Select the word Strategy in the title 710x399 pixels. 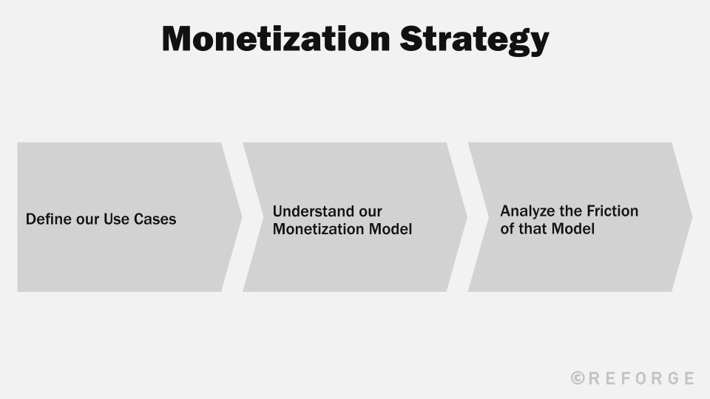point(474,40)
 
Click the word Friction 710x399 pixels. point(613,211)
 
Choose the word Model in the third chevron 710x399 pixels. point(573,229)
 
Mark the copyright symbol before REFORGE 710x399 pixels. point(578,378)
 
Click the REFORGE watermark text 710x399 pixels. point(640,378)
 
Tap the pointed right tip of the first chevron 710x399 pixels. point(240,217)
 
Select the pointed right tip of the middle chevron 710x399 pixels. point(465,217)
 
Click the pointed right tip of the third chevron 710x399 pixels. point(691,217)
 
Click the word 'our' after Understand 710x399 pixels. point(369,211)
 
